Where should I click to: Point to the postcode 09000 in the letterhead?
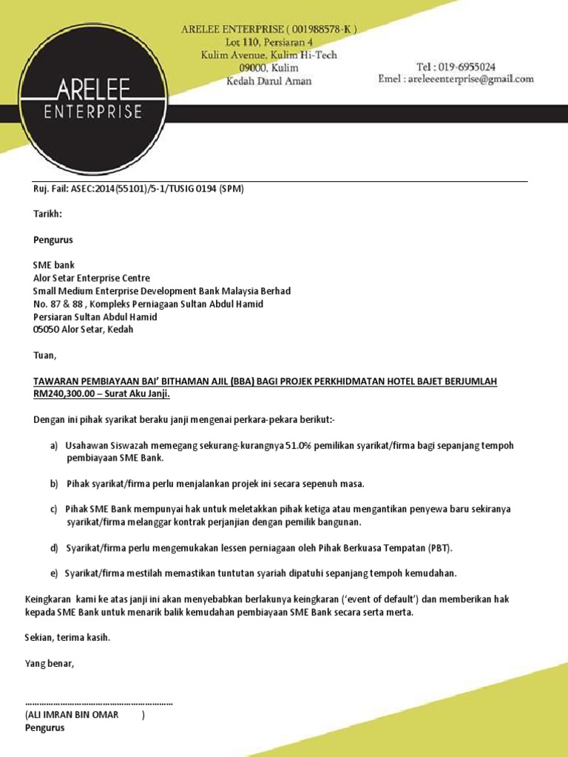[238, 68]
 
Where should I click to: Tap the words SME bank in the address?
[54, 265]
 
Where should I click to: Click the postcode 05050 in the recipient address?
[48, 330]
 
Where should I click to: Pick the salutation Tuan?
[44, 356]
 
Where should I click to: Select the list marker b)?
[54, 484]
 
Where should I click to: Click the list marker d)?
[54, 548]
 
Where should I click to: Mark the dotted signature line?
[99, 703]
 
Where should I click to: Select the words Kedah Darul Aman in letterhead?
[269, 81]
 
